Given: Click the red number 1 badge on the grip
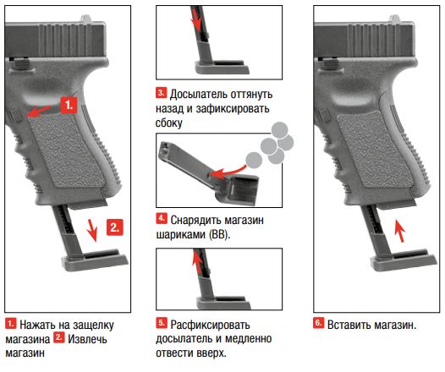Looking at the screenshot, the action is (x=69, y=105).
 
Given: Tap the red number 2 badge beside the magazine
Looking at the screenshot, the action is (x=115, y=227).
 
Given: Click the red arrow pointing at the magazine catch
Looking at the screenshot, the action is (x=40, y=111).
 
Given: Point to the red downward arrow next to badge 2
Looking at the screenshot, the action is (x=92, y=230).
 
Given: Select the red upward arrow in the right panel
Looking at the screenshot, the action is (x=399, y=232).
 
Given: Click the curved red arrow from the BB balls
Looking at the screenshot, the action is (x=230, y=172).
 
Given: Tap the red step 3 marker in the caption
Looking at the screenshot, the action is (x=162, y=93).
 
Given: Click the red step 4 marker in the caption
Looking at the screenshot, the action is (x=162, y=218).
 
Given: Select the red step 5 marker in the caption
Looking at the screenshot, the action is (x=162, y=323).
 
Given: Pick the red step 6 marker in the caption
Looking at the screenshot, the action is (x=318, y=323).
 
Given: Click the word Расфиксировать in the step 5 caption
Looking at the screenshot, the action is (x=211, y=325).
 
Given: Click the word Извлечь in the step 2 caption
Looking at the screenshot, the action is (x=87, y=339).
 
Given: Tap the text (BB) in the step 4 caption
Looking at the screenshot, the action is (x=219, y=235).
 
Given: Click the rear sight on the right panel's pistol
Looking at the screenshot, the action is (x=395, y=19).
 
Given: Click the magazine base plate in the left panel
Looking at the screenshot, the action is (x=95, y=260).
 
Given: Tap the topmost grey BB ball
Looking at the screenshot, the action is (x=279, y=129).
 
